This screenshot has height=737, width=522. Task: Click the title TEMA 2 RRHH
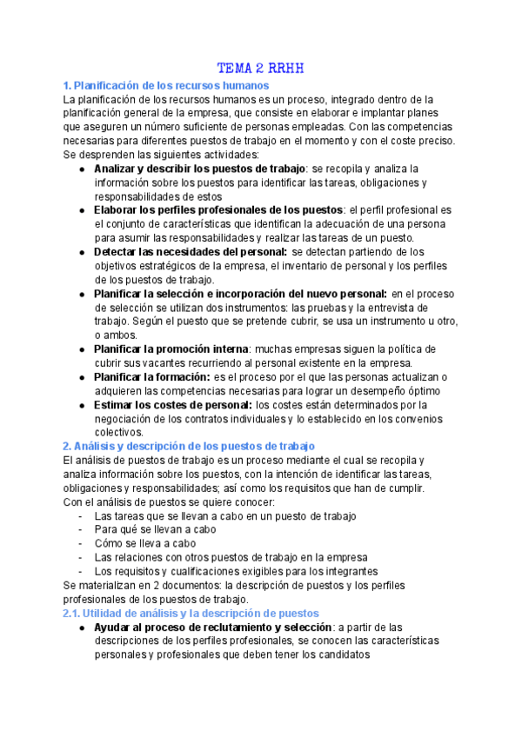(x=260, y=69)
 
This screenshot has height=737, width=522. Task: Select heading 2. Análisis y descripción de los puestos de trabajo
(x=189, y=446)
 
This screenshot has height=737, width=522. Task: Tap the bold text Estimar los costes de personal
(x=171, y=404)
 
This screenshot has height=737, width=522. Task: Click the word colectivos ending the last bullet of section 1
(x=118, y=432)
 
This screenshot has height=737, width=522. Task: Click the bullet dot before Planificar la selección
(x=81, y=294)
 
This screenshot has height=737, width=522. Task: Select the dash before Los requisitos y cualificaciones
(x=80, y=571)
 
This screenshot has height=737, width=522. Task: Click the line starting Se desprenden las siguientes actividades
(x=161, y=154)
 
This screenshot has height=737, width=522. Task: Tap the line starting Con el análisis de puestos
(x=170, y=501)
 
